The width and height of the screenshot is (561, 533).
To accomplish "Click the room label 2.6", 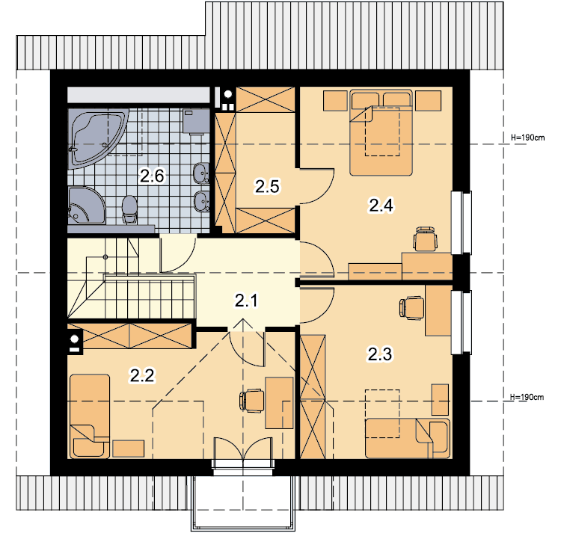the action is pos(152,176).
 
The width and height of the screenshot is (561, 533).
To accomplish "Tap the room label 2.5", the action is pos(267,186).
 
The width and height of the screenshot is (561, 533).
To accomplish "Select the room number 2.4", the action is pos(381,206).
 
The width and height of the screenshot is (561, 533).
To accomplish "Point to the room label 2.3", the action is pos(380,354).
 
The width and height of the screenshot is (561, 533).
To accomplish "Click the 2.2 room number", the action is pos(142,375).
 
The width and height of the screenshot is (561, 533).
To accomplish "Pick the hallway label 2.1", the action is pos(246,301).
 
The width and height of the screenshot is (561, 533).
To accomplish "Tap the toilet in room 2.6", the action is pos(129,209).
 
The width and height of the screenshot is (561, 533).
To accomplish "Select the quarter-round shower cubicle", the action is pos(86,205).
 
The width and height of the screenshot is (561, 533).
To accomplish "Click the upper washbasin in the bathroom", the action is pos(201,173).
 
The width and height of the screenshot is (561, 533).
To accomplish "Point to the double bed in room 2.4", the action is pos(381,132).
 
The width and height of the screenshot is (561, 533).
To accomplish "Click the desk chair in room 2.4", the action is pos(425,238).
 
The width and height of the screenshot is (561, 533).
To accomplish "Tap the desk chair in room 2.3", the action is pos(411,307).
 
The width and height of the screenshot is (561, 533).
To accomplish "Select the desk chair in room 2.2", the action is pos(251,401).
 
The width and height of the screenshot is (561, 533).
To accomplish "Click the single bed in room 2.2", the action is pos(90,416).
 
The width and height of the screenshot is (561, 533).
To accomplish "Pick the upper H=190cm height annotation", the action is pos(528,138).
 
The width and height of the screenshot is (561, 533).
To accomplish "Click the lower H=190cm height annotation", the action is pos(527,397).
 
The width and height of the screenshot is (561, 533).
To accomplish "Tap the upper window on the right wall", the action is pos(462,223).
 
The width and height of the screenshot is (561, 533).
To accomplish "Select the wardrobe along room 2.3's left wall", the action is pos(313,397).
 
